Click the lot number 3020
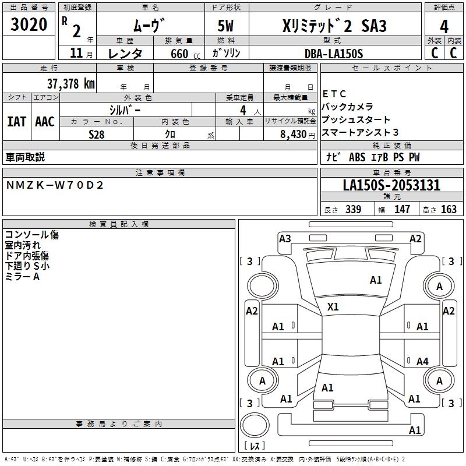tap(29, 26)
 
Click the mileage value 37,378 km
tap(70, 83)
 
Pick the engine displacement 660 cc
tap(177, 54)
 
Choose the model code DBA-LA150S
tap(333, 54)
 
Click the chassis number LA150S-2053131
tap(391, 186)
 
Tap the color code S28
tap(97, 134)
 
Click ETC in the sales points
tap(334, 94)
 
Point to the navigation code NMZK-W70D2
tap(55, 185)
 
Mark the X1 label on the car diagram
tap(333, 306)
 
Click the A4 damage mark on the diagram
tap(422, 362)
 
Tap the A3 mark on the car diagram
tap(285, 238)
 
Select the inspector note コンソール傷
tap(31, 235)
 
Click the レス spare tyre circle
tap(254, 428)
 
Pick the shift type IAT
tap(16, 122)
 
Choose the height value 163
tap(449, 210)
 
